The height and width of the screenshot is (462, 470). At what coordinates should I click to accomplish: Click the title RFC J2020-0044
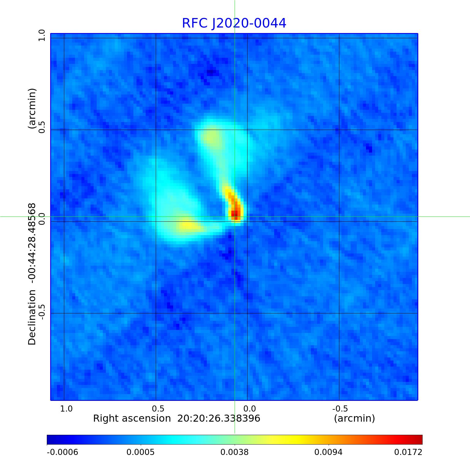[x=234, y=23]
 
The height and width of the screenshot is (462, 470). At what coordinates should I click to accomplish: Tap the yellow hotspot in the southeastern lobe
[x=187, y=226]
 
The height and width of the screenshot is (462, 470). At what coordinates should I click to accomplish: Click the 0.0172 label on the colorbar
[x=408, y=452]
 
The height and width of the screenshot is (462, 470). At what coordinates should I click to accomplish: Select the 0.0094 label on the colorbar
[x=329, y=452]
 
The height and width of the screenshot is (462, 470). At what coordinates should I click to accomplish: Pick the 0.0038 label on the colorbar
[x=235, y=452]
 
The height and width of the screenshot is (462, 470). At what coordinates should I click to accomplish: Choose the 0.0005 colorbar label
[x=141, y=452]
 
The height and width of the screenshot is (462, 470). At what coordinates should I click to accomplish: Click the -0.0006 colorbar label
[x=62, y=452]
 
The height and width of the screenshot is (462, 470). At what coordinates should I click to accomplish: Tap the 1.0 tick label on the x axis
[x=66, y=408]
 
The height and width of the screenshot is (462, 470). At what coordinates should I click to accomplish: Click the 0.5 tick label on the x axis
[x=158, y=408]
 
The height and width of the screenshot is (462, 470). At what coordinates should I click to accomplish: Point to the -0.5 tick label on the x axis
[x=340, y=408]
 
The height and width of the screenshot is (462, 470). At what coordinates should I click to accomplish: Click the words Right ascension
[x=132, y=418]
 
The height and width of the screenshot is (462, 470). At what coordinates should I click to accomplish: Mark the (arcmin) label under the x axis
[x=354, y=418]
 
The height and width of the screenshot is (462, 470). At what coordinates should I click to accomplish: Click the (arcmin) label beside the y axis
[x=32, y=109]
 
